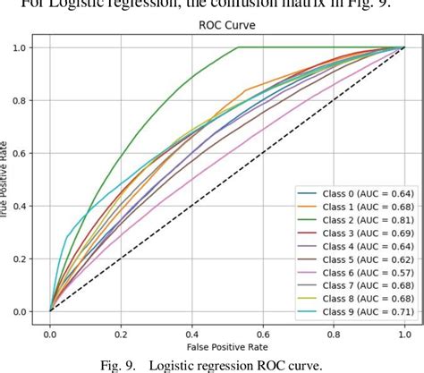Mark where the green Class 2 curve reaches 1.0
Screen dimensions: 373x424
click(239, 47)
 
